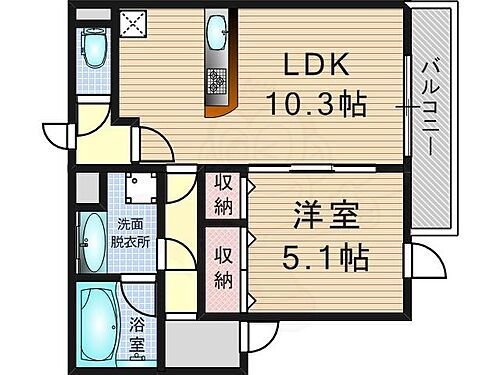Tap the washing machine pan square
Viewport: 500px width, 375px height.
coord(135,191)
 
